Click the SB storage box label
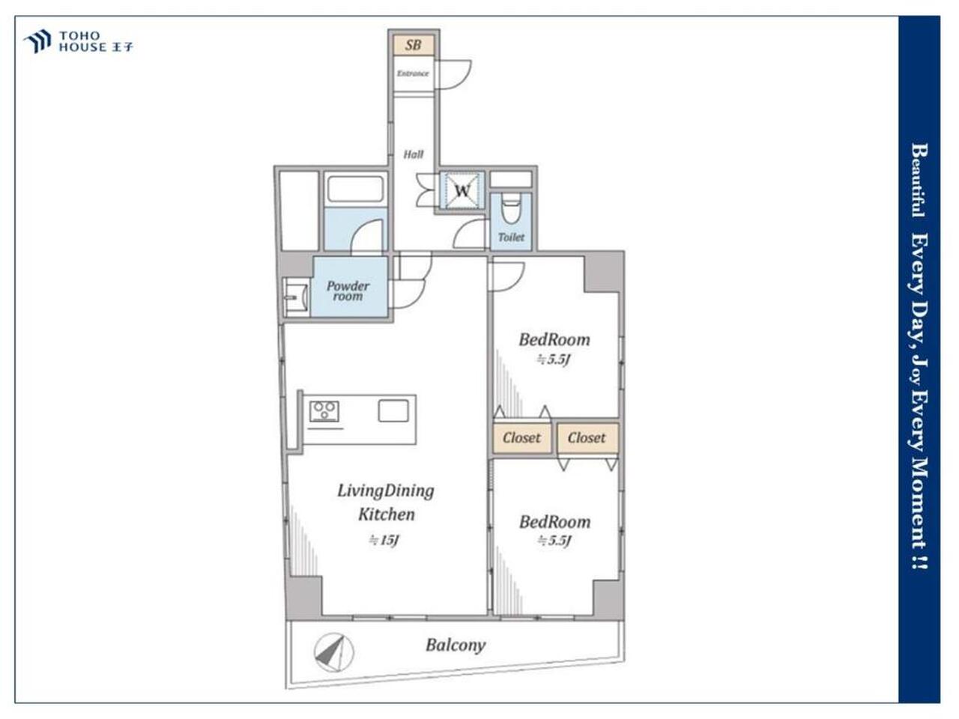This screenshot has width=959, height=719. pos(413,45)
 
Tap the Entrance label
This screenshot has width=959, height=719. pos(412,73)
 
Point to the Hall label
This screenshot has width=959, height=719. pos(414,154)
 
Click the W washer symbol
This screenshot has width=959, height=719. pos(462,191)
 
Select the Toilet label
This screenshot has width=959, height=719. pos(511,237)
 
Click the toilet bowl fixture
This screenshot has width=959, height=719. pos(511,208)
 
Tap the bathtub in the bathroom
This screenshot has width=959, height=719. pos(355,189)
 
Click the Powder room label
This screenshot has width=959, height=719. pos(348,291)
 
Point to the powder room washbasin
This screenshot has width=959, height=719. pos(296,297)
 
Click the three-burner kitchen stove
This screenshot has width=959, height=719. pos(324,411)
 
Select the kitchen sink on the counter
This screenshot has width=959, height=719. pos(393,410)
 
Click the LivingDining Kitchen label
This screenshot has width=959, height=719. pos(386,503)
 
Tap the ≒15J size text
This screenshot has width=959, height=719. pos(384,540)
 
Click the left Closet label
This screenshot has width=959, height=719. pos(521,437)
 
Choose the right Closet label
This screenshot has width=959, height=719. pos(587,437)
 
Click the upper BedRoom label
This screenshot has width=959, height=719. pos(554,339)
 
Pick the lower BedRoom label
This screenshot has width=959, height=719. pos(555,522)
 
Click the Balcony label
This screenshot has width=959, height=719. pos(456,645)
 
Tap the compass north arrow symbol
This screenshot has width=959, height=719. pos(334,652)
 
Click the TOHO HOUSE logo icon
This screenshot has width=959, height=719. pos(37,41)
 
